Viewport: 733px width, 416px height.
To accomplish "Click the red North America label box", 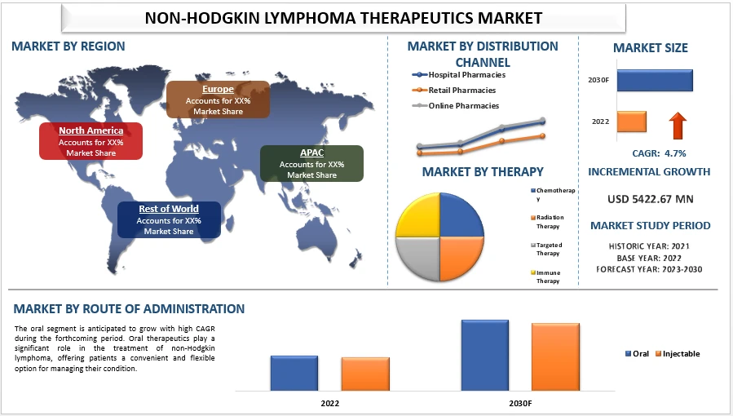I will point(91,141).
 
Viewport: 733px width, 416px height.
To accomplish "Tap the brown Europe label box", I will point(218,100).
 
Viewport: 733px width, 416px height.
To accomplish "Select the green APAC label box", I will point(311,163).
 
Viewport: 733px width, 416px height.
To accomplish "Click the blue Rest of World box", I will point(168,219).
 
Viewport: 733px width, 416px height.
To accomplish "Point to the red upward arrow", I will point(678,126).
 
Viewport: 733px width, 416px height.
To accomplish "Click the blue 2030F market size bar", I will point(654,80).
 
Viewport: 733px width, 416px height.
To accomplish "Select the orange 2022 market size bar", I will point(631,122).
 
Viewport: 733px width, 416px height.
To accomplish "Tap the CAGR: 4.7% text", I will point(659,153).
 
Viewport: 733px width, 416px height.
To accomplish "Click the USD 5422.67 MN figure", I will point(650,198).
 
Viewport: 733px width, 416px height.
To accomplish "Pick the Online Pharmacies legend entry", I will point(462,105).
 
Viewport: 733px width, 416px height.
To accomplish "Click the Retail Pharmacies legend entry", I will point(461,90).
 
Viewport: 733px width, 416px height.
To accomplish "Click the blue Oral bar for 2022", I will point(294,373).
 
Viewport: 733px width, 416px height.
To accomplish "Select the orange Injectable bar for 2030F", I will point(555,356).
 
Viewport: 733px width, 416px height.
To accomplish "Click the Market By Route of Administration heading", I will point(129,308).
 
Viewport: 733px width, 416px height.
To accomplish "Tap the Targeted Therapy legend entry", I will point(548,249).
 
